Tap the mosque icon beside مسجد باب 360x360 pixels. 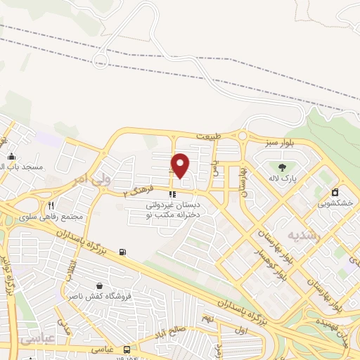(11, 156)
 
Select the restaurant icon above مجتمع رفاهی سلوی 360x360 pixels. (51, 205)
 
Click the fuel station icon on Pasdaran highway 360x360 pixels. (123, 252)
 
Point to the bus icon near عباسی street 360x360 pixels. (127, 349)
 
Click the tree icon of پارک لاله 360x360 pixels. (282, 167)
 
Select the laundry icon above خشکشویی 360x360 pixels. (335, 192)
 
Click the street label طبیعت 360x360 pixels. (208, 136)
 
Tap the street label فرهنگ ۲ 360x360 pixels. (138, 190)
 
